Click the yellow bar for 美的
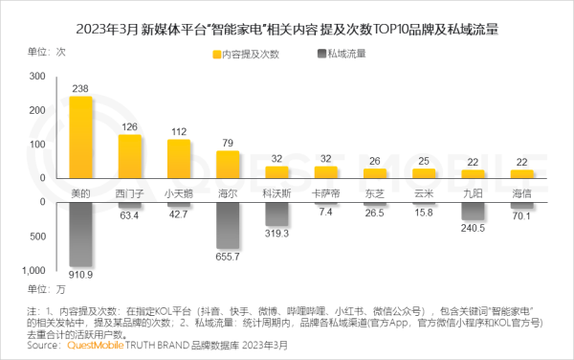(x=81, y=139)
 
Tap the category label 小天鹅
(x=179, y=192)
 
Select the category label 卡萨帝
(x=325, y=192)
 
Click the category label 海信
(x=521, y=192)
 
